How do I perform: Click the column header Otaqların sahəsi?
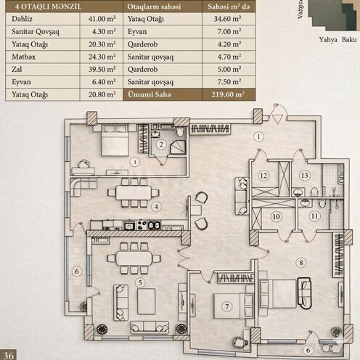pyautogui.click(x=154, y=5)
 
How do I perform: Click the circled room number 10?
pyautogui.click(x=275, y=216)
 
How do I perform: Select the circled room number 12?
pyautogui.click(x=265, y=176)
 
